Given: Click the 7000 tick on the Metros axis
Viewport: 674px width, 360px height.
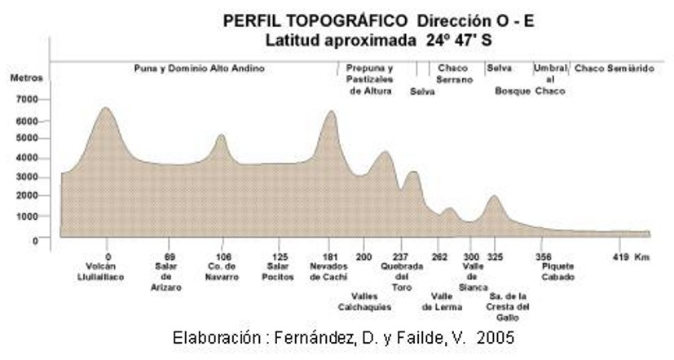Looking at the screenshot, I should click(x=27, y=99).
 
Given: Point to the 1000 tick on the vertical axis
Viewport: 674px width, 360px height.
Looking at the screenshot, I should click(x=27, y=217).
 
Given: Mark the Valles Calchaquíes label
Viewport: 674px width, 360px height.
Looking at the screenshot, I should click(x=364, y=301).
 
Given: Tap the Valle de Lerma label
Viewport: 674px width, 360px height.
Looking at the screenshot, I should click(x=443, y=301).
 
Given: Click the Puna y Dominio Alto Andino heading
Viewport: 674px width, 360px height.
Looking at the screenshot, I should click(x=199, y=69).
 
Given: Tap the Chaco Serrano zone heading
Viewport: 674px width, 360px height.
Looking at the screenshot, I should click(x=454, y=74).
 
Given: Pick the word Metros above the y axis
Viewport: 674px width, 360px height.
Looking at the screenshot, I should click(x=27, y=79).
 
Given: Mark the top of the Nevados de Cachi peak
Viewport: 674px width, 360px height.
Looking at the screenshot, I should click(x=330, y=112).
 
